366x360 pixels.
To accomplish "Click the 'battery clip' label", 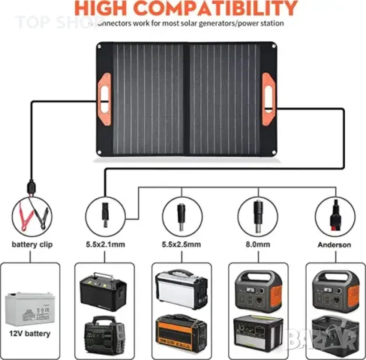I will point(31,244).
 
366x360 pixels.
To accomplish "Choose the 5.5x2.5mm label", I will point(181,244).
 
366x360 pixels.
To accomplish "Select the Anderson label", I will point(334,244).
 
